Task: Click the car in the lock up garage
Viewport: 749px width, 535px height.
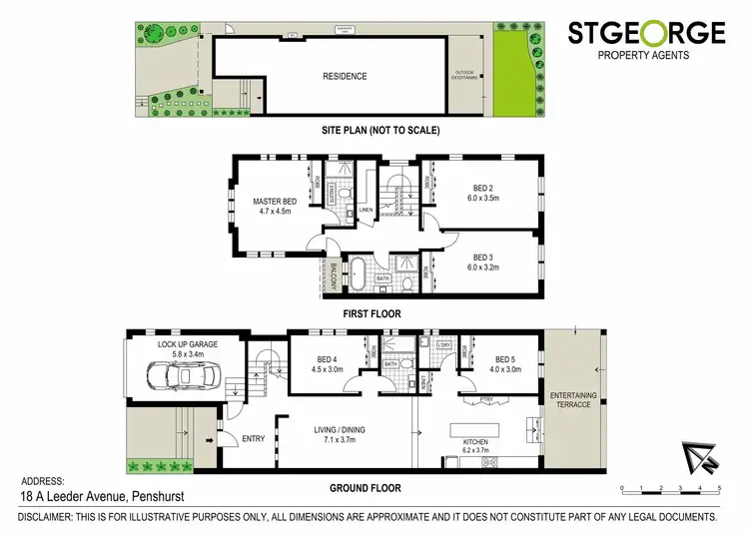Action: tap(181, 377)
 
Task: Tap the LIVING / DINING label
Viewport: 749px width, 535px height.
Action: tap(340, 434)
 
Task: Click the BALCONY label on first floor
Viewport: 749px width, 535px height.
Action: tap(333, 273)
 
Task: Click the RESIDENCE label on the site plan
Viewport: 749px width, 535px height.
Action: tap(344, 77)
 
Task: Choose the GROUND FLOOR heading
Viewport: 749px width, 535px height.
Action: tap(365, 488)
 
